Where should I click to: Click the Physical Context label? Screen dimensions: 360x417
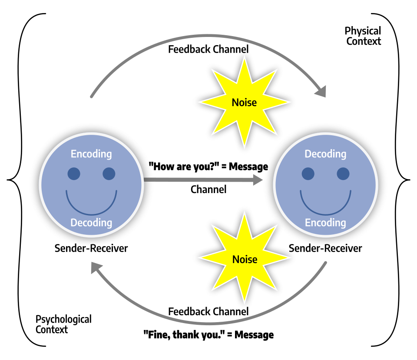tap(363, 36)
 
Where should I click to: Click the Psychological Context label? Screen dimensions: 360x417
tap(63, 324)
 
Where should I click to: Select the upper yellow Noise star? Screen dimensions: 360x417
tap(244, 103)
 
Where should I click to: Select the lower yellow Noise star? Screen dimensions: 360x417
tap(245, 260)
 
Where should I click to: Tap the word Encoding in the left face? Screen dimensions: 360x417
tap(91, 154)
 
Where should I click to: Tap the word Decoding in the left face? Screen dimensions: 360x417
tap(91, 223)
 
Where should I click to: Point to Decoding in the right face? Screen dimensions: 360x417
tap(325, 154)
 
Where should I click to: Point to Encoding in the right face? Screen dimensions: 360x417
tap(325, 223)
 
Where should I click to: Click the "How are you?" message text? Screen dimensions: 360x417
tap(208, 167)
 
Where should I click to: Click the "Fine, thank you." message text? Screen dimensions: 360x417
tap(208, 335)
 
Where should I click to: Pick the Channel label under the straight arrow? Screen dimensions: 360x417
tap(208, 190)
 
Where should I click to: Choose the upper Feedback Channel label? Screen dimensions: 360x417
tap(208, 49)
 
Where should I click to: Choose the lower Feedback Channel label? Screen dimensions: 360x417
tap(208, 312)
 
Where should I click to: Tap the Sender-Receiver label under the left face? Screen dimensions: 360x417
tap(91, 248)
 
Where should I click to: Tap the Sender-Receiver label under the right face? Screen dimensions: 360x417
tap(325, 248)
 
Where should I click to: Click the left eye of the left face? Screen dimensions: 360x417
tap(74, 174)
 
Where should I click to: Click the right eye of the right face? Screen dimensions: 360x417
tap(343, 174)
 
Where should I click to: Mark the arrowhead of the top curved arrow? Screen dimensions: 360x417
tap(321, 91)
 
